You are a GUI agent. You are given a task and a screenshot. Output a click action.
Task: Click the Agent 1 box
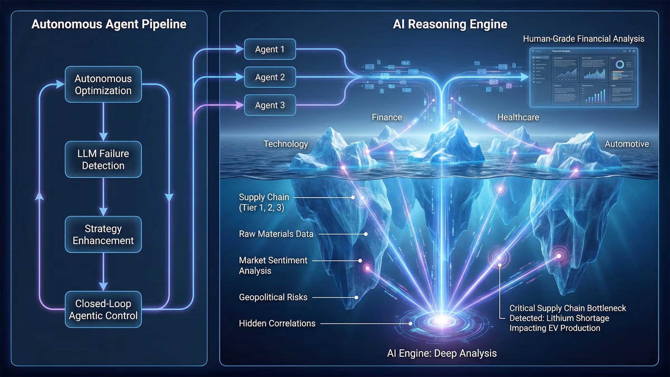pos(270,49)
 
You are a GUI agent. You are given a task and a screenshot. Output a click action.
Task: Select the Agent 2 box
pos(270,77)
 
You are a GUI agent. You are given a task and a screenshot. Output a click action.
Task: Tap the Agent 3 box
pos(270,105)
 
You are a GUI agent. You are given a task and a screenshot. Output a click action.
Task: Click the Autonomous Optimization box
pos(103,84)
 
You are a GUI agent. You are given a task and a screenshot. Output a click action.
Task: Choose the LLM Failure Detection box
pos(103,159)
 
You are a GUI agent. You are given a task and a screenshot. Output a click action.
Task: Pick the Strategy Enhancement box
pos(103,235)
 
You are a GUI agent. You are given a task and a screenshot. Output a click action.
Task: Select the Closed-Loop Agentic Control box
pos(103,309)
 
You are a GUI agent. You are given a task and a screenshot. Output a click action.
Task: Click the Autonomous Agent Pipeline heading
pos(109,24)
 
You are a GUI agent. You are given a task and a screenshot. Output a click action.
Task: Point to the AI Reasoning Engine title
pos(450,24)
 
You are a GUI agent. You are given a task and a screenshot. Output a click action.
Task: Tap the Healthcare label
pos(518,117)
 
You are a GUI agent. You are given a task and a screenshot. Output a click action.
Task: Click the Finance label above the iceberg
pos(387,117)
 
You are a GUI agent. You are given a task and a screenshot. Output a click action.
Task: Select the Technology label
pos(286,144)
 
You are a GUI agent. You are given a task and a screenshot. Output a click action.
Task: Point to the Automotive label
pos(627,144)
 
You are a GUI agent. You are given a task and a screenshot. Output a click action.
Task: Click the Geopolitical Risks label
pos(273,297)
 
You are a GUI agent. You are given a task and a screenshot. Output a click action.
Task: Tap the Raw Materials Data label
pos(276,234)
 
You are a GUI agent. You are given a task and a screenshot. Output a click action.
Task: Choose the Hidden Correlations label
pos(277,323)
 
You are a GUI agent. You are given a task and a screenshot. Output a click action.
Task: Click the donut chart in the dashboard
pos(620,65)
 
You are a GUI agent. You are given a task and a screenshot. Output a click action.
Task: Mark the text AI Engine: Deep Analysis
pos(442,353)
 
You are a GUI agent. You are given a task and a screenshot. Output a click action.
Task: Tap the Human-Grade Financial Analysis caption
pos(583,39)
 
